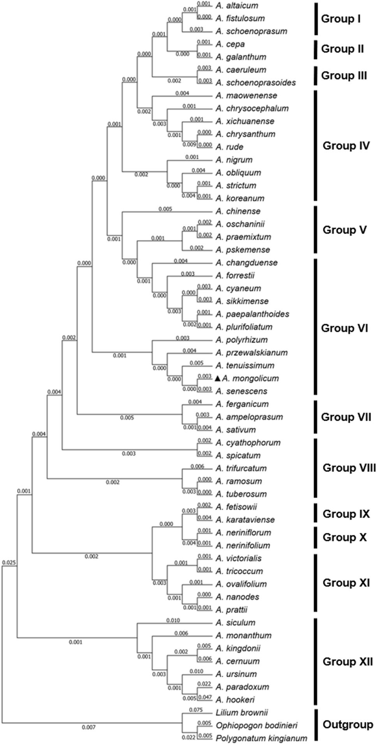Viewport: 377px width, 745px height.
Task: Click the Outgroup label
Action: coord(348,725)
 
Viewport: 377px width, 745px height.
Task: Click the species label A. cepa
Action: coord(230,44)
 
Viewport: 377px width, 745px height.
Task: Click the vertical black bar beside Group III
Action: coord(316,76)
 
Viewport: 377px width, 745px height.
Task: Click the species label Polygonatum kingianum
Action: coord(261,738)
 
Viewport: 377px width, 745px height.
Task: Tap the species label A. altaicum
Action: coord(237,5)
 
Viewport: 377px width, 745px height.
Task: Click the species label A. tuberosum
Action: coord(241,494)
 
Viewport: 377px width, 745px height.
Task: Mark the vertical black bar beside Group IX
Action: coord(316,513)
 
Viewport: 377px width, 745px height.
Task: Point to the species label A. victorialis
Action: coord(238,558)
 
